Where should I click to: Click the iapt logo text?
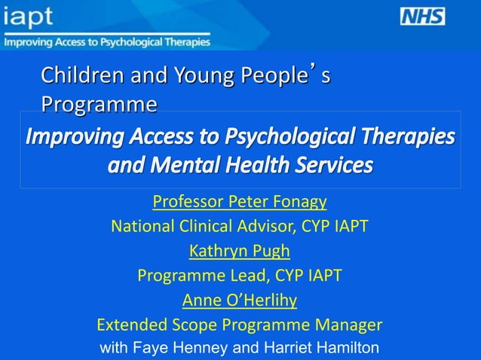pos(29,18)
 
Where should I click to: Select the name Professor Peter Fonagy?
pos(240,202)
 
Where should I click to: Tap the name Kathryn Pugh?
pos(239,251)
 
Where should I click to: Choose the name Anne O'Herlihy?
pos(240,301)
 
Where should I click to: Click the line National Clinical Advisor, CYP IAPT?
pos(240,227)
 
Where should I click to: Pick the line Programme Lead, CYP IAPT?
pos(240,276)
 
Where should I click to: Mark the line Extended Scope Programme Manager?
pos(240,325)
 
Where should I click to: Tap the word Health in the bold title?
pos(256,164)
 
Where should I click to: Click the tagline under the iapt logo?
pos(106,42)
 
